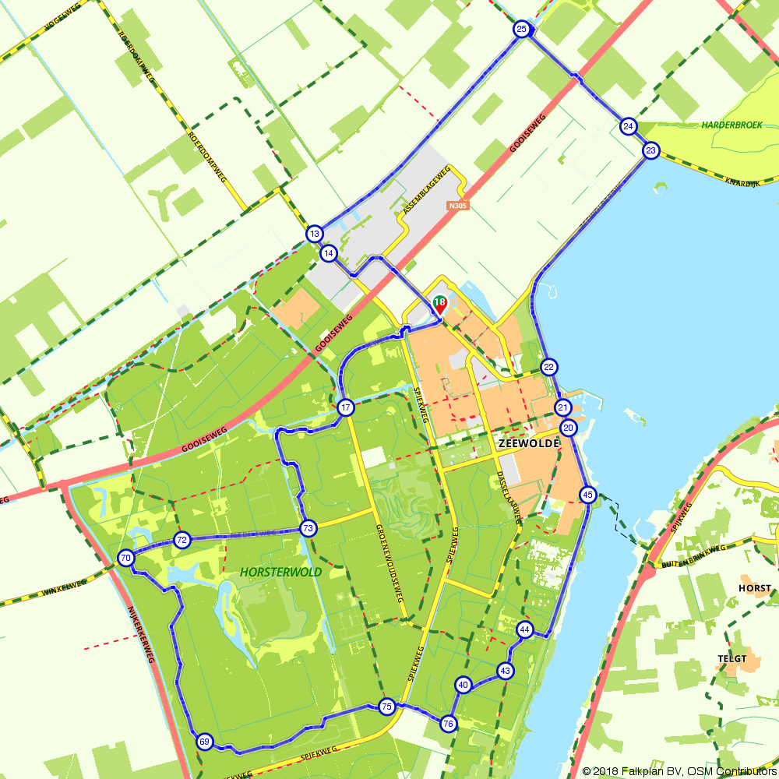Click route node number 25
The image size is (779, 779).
coord(522,30)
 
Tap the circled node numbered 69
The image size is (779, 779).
coord(204,742)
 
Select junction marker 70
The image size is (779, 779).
coord(125,558)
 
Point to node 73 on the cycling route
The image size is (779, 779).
coord(308,529)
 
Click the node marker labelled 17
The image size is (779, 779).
coord(346,407)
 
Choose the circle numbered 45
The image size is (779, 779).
coord(588,495)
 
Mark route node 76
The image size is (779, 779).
coord(448,724)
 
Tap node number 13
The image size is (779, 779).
coord(314,234)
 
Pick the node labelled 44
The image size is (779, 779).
coord(525,629)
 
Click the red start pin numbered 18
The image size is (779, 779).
coord(439,304)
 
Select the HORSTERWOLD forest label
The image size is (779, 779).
coord(281,572)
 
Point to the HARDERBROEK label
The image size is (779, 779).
coord(730,125)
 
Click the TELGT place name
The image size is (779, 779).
coord(732,659)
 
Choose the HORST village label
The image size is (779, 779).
coord(755,589)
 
